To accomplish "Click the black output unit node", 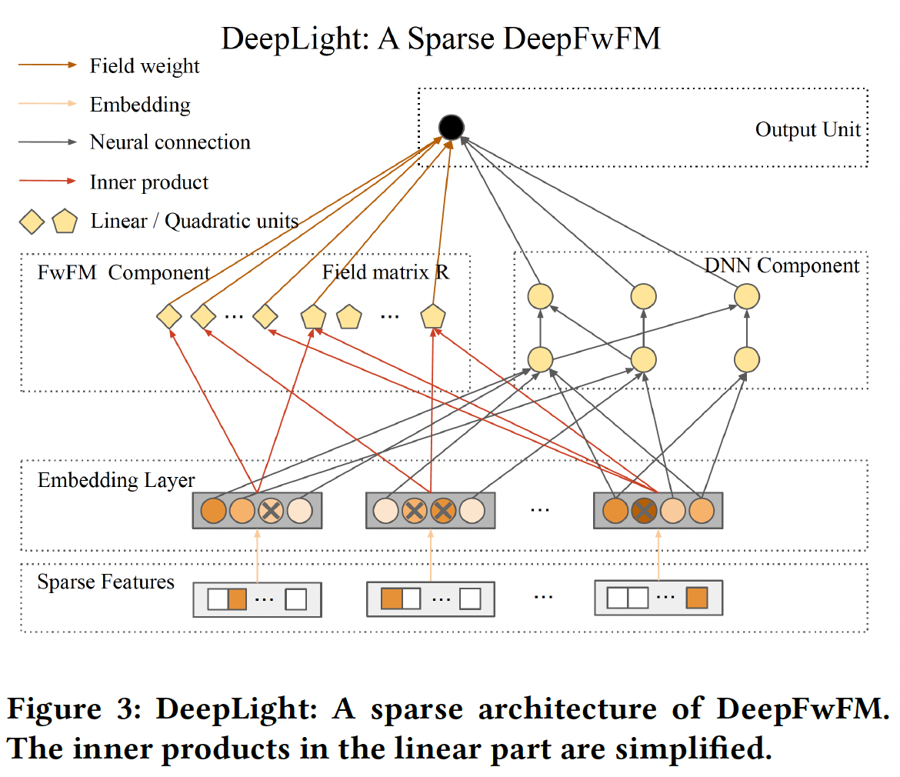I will tap(451, 127).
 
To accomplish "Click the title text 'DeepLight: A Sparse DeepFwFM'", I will tap(441, 38).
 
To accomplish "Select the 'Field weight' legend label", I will tap(145, 66).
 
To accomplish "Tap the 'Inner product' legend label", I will tap(149, 182).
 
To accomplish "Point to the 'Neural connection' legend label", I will tap(170, 142).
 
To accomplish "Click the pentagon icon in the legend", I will tap(65, 222).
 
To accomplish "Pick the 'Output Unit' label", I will tap(808, 129).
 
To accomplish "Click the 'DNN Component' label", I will tap(782, 266).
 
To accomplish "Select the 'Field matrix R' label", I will tap(385, 272).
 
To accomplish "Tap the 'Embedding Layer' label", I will tap(116, 481).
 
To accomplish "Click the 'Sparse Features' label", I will tap(106, 582).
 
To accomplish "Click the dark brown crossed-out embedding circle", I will tap(644, 511).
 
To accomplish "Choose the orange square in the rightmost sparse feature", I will tap(696, 598).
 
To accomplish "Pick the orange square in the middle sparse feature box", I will tap(392, 598).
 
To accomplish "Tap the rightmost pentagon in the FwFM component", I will tap(433, 316).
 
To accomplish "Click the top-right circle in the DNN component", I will tap(746, 296).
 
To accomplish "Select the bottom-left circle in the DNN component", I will tap(540, 359).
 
